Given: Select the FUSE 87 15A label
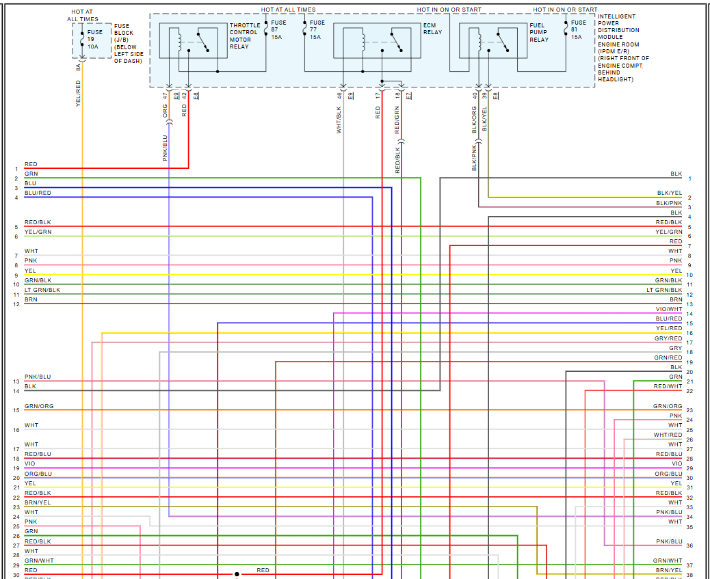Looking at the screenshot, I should (x=278, y=29).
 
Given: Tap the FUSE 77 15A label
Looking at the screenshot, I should (x=315, y=29).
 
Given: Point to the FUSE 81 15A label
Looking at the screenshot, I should (x=578, y=29).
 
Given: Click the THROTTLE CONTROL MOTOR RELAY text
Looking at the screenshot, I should (x=244, y=36).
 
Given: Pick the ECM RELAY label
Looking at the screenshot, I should (x=432, y=29).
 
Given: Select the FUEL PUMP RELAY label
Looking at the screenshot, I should (x=539, y=33).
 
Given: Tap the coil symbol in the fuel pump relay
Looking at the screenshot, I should (x=473, y=40).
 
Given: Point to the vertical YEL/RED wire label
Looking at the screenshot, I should (x=78, y=93).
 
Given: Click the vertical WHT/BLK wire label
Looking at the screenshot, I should (x=339, y=120).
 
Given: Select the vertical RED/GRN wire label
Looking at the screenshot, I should (x=397, y=120).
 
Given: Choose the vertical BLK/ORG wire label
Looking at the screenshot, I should (x=474, y=119).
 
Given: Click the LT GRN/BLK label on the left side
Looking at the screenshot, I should (x=42, y=290).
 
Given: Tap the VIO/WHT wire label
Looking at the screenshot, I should (x=668, y=310).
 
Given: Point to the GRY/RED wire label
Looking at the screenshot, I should (x=668, y=338).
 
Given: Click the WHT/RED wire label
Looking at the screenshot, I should (x=668, y=435).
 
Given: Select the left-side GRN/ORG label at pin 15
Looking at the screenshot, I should (x=39, y=406).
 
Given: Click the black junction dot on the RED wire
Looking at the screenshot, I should (x=237, y=574).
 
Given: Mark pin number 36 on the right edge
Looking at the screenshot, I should (x=689, y=546).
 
